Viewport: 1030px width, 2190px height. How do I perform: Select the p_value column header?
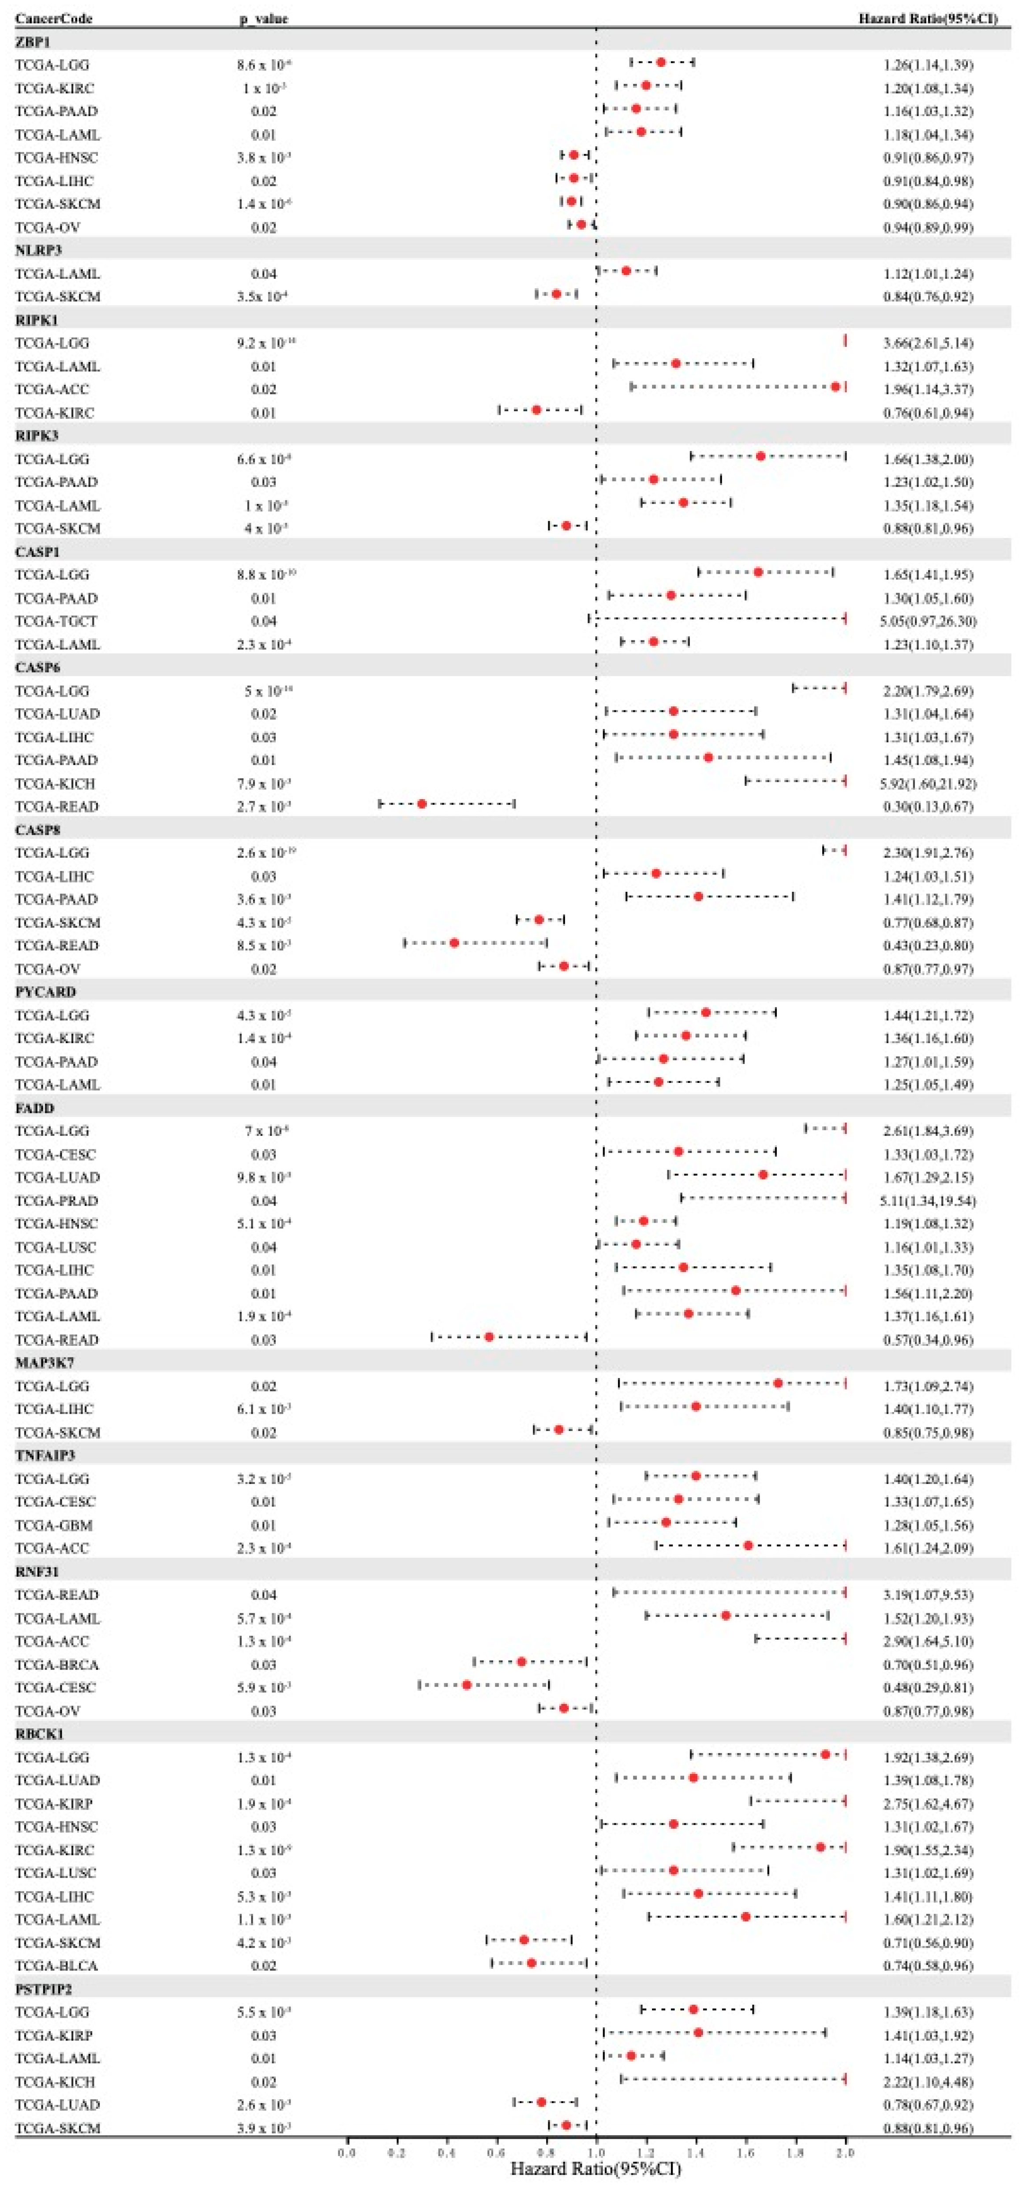tap(263, 18)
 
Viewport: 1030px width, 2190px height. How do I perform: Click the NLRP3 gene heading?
tap(38, 250)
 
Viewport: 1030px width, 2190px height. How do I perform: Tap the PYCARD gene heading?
tap(45, 991)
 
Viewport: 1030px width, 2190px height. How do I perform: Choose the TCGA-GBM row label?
tap(53, 1525)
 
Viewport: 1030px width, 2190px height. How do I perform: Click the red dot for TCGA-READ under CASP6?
tap(422, 804)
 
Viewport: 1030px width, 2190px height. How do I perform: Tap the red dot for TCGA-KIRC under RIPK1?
tap(536, 410)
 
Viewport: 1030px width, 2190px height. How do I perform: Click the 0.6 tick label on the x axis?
tap(496, 2152)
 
